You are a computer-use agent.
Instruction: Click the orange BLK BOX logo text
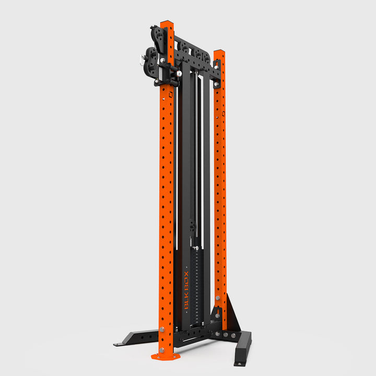pos(186,290)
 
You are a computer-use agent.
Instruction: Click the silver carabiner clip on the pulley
pos(142,60)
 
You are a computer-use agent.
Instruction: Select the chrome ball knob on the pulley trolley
pos(179,74)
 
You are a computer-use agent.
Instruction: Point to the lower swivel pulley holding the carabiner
pos(150,61)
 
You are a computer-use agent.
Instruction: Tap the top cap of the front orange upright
pos(167,23)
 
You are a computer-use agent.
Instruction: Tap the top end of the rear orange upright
pos(219,52)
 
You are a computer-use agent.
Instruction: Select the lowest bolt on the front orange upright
pos(162,350)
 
